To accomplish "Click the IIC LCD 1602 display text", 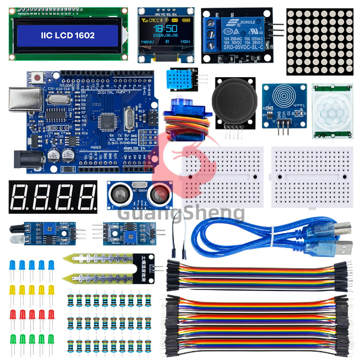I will pyautogui.click(x=67, y=35).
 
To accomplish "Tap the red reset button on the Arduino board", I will pyautogui.click(x=37, y=78).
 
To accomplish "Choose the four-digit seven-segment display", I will pyautogui.click(x=53, y=197).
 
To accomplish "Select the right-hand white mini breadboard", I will pyautogui.click(x=308, y=176).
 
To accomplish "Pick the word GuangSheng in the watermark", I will pyautogui.click(x=181, y=213).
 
